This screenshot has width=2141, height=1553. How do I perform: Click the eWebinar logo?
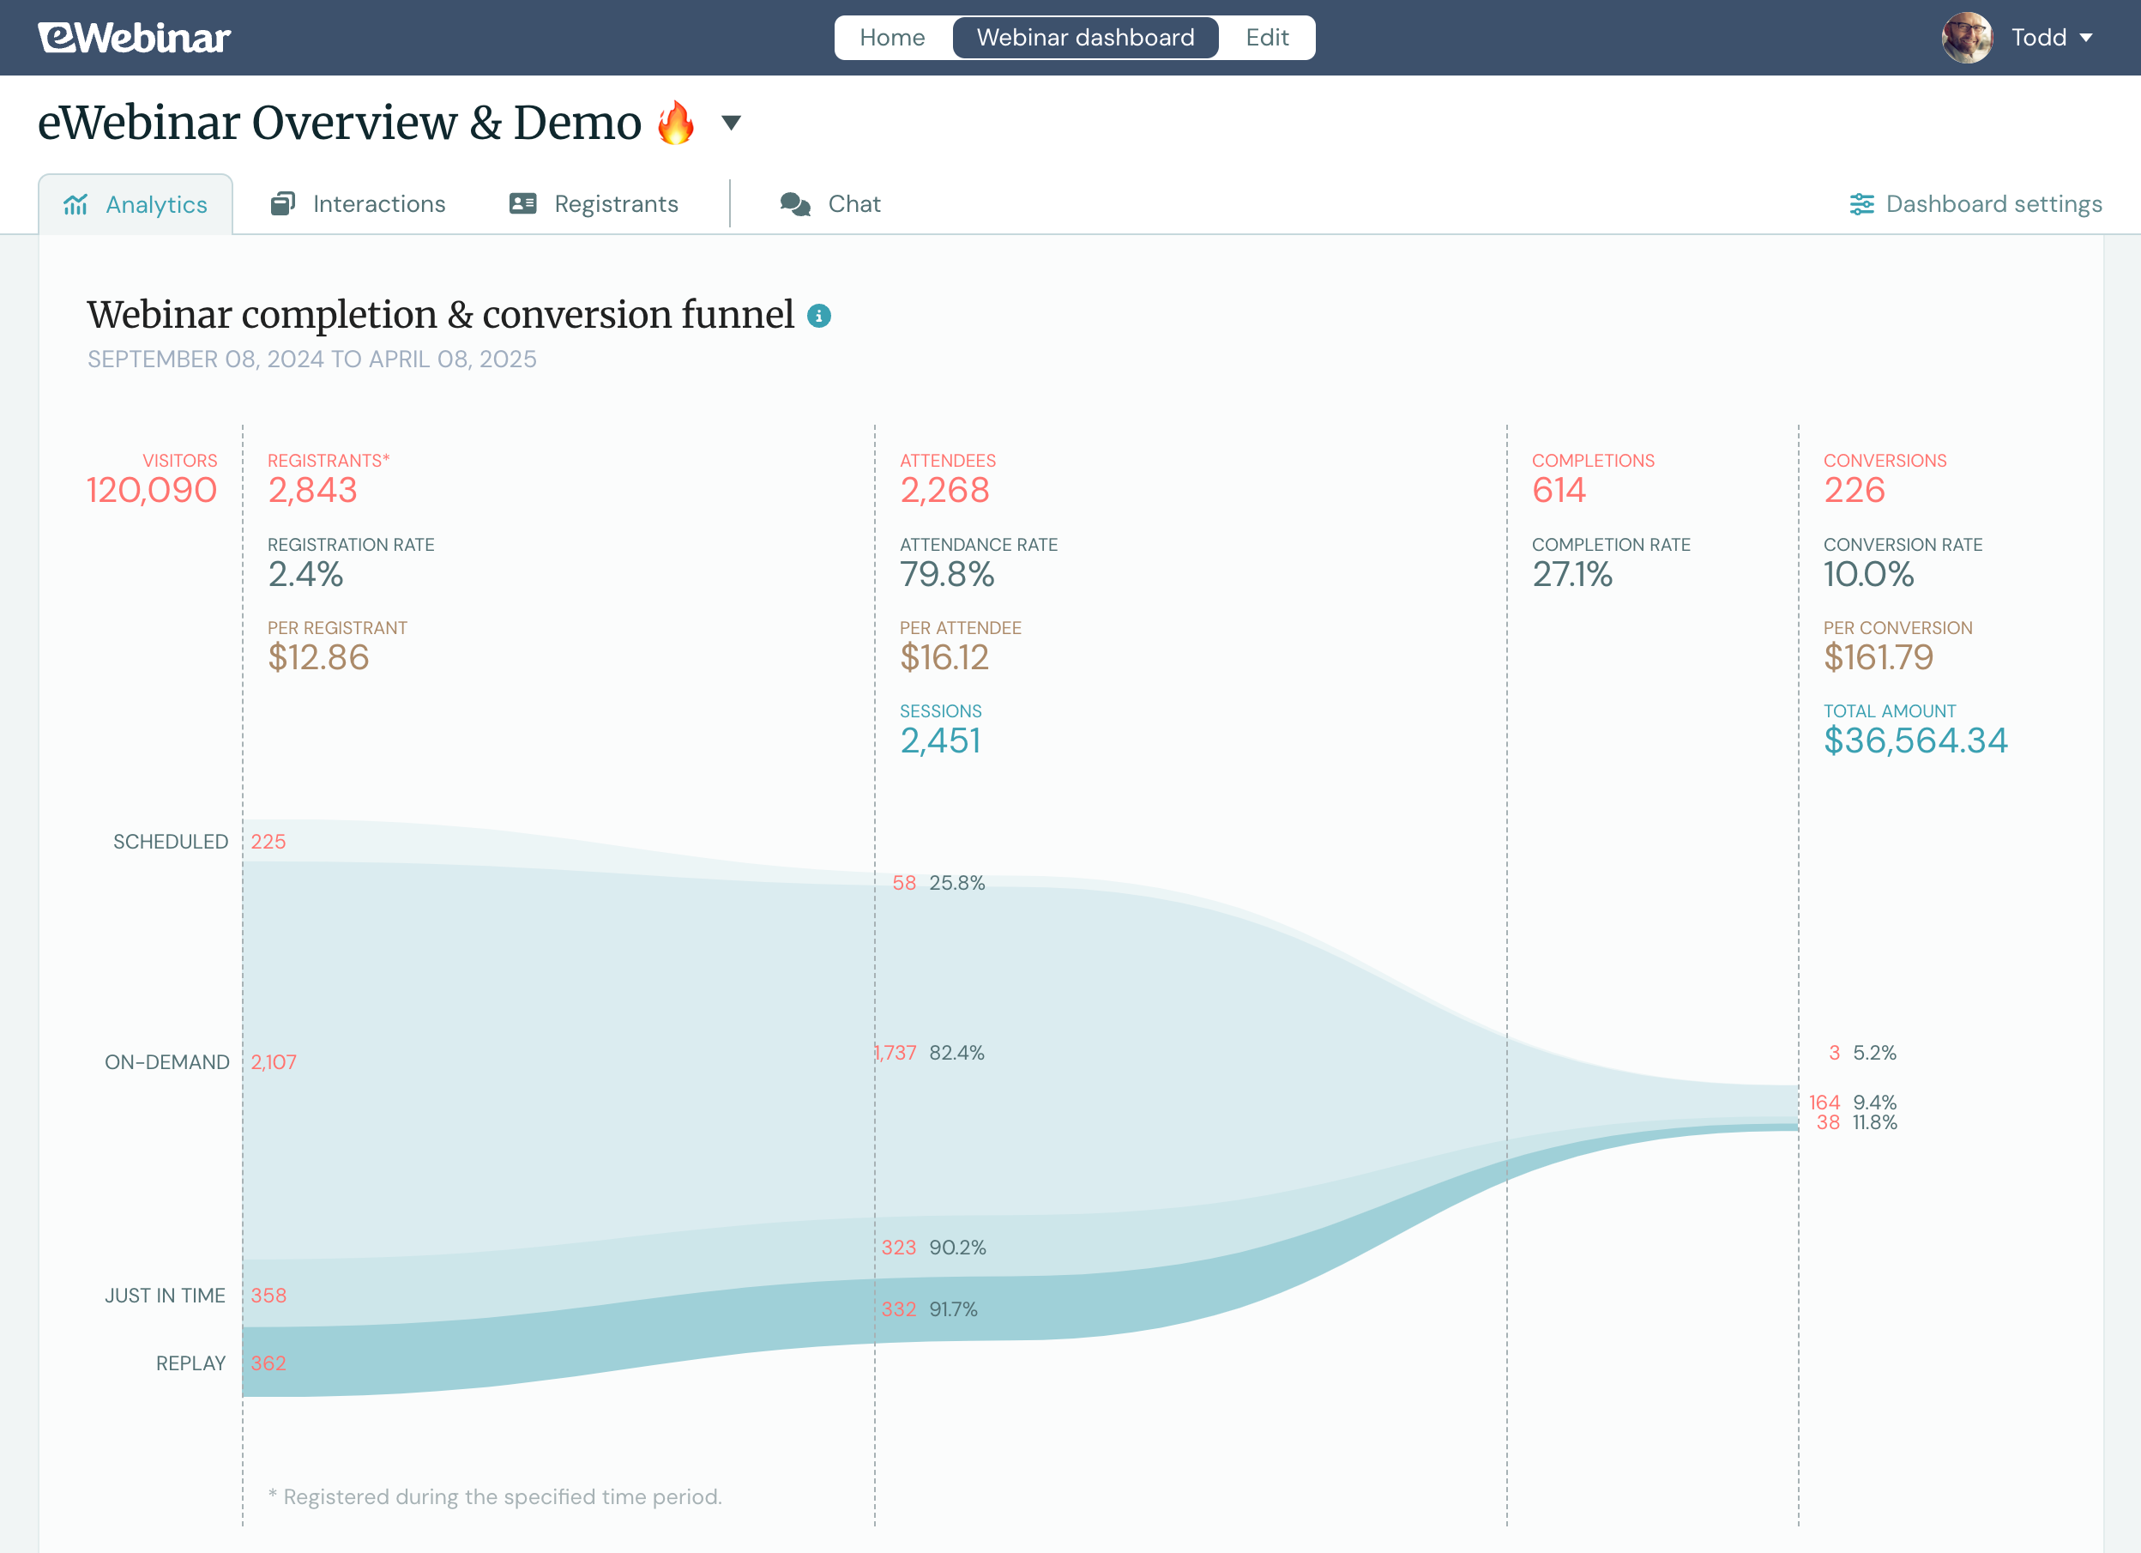pos(134,38)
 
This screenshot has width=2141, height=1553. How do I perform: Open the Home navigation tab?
pos(892,38)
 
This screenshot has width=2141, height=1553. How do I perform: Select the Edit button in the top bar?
pos(1267,38)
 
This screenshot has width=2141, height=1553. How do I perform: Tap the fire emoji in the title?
pos(676,124)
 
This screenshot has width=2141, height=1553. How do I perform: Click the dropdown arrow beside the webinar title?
pos(731,123)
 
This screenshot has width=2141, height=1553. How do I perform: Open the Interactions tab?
pos(359,204)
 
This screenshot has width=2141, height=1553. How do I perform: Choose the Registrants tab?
pos(594,204)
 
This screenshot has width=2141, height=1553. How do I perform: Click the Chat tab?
pos(830,204)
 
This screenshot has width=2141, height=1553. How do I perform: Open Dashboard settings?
pos(1975,204)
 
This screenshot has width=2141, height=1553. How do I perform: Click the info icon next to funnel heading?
pos(818,317)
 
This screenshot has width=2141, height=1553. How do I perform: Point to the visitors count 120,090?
pos(152,490)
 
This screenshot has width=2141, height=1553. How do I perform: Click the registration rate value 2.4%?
pos(305,574)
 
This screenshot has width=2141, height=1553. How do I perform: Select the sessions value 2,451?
pos(940,741)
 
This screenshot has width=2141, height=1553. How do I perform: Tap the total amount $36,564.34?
pos(1915,741)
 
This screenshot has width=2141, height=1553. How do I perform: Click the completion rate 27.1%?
pos(1571,574)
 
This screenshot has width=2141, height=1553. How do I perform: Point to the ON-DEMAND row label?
pos(167,1062)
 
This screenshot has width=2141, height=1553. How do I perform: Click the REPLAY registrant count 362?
pos(268,1363)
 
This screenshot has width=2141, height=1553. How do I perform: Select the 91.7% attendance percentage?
pos(954,1309)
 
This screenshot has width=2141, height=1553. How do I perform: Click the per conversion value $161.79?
pos(1879,657)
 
